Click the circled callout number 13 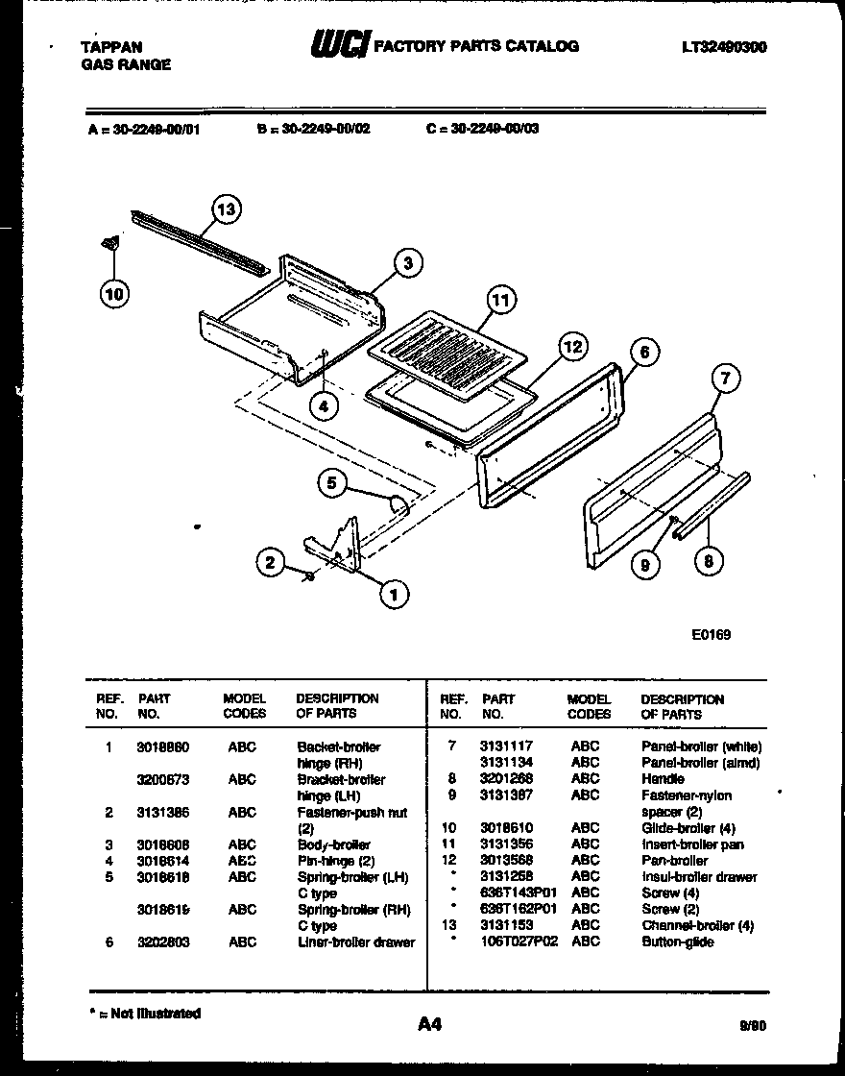[226, 208]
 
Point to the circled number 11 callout [499, 301]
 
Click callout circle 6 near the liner [644, 353]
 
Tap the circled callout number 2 [272, 562]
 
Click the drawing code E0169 [711, 634]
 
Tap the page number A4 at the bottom [429, 1024]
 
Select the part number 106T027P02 [519, 941]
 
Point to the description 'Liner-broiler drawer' [356, 942]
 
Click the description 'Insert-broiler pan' [692, 844]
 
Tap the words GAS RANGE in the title [126, 64]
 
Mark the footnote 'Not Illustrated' [145, 1014]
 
